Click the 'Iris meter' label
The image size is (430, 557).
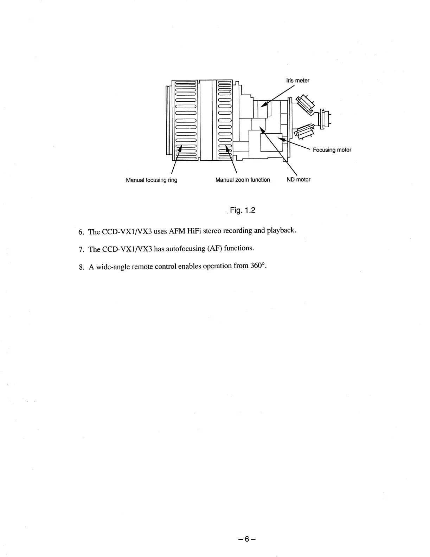pyautogui.click(x=298, y=81)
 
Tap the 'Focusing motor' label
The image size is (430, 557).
pyautogui.click(x=332, y=150)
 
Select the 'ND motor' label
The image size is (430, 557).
pyautogui.click(x=298, y=180)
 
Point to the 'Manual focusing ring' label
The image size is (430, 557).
pyautogui.click(x=152, y=180)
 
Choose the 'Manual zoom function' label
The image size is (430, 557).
pyautogui.click(x=243, y=180)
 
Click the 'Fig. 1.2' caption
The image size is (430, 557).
pyautogui.click(x=242, y=210)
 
